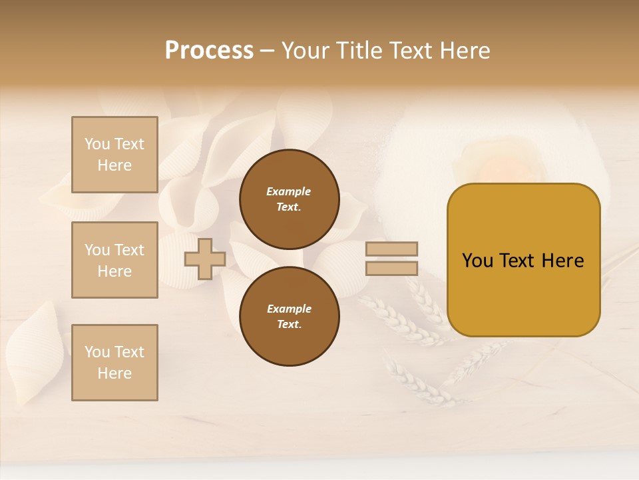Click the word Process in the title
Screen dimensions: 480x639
click(209, 51)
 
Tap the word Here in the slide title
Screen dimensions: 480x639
click(464, 51)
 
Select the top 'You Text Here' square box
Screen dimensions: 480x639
click(114, 155)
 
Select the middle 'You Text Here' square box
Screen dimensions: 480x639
click(114, 260)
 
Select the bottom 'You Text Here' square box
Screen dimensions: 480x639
click(114, 363)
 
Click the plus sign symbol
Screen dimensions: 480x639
click(204, 259)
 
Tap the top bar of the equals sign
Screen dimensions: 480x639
click(391, 249)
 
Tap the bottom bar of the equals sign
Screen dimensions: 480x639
click(391, 268)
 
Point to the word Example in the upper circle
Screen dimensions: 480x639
click(289, 191)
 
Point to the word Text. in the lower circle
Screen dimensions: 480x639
click(289, 325)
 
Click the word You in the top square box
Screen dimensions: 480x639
click(97, 144)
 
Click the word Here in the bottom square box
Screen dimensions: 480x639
click(114, 373)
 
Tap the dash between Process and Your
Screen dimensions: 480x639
click(267, 51)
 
